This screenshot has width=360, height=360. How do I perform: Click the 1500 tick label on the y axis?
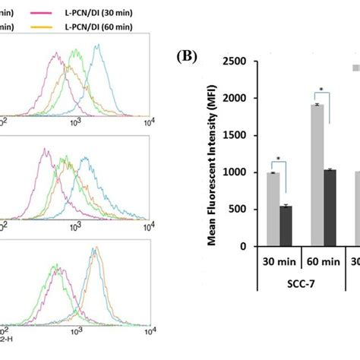pyautogui.click(x=241, y=135)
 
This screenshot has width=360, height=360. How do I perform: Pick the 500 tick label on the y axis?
pyautogui.click(x=244, y=210)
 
